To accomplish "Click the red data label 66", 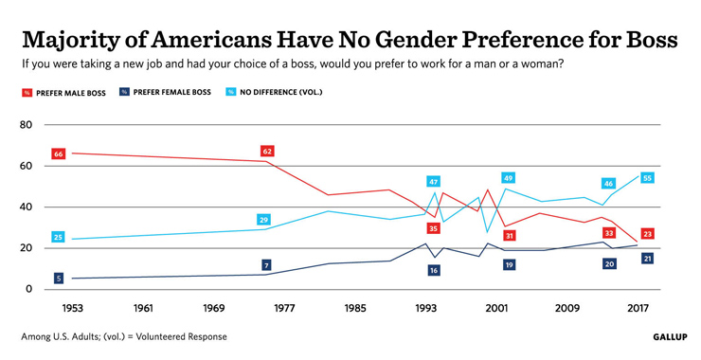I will (59, 153).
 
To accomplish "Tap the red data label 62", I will (267, 152).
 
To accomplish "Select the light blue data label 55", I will (647, 178).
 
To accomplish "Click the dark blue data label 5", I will (59, 279).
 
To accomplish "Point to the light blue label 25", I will (59, 237).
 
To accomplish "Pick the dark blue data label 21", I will (647, 259).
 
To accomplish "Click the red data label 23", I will (647, 234).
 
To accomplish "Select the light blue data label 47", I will (433, 182).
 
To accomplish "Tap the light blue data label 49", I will (509, 178).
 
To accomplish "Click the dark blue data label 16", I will (433, 270).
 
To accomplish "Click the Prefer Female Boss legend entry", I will (165, 93).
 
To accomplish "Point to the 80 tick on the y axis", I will (26, 125).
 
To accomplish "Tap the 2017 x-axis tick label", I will (637, 308).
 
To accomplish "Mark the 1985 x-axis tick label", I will (355, 308).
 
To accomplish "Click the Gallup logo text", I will (670, 336).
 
